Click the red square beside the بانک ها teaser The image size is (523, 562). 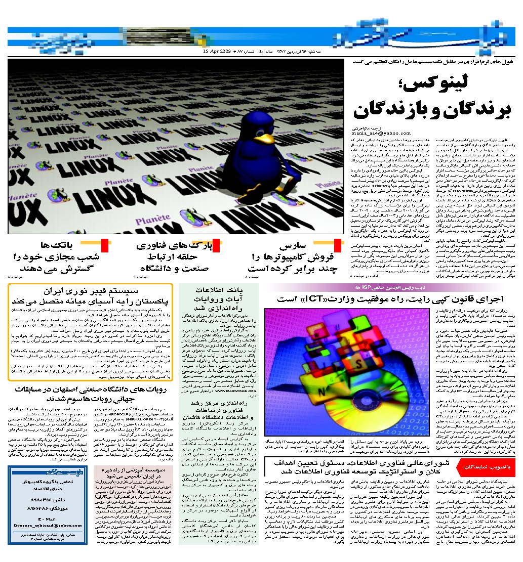point(105,245)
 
